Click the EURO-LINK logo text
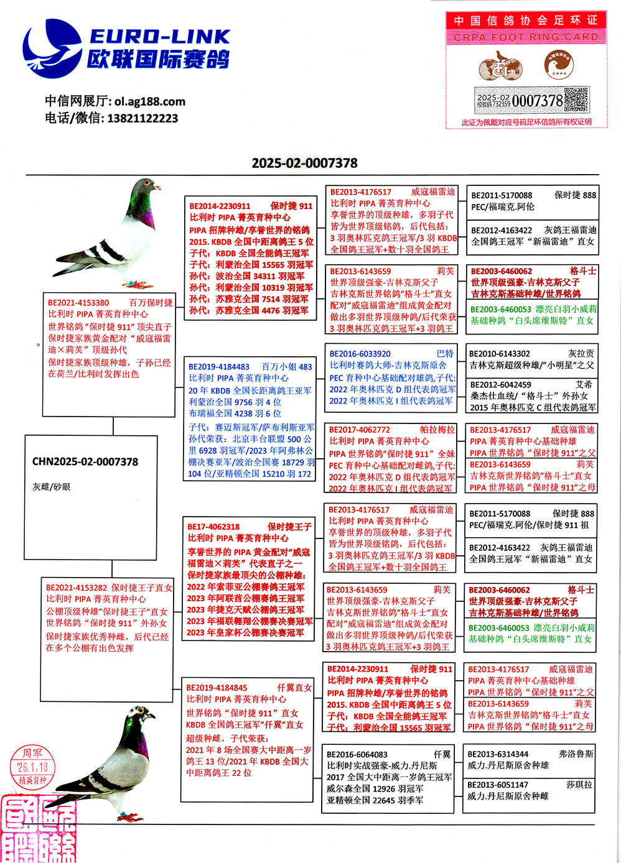(x=159, y=37)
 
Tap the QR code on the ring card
(x=576, y=99)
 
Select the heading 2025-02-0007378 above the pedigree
(x=304, y=163)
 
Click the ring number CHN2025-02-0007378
(x=85, y=461)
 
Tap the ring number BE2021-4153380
(x=78, y=303)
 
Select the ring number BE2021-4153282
(x=76, y=587)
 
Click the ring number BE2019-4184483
(x=219, y=367)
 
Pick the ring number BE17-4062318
(x=213, y=527)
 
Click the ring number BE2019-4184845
(x=217, y=688)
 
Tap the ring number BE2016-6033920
(x=360, y=354)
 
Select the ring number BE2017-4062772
(x=360, y=430)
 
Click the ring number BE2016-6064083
(x=357, y=754)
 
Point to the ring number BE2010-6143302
(x=500, y=354)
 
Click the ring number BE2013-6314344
(x=498, y=754)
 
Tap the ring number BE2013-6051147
(x=498, y=785)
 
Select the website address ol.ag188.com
(x=149, y=101)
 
